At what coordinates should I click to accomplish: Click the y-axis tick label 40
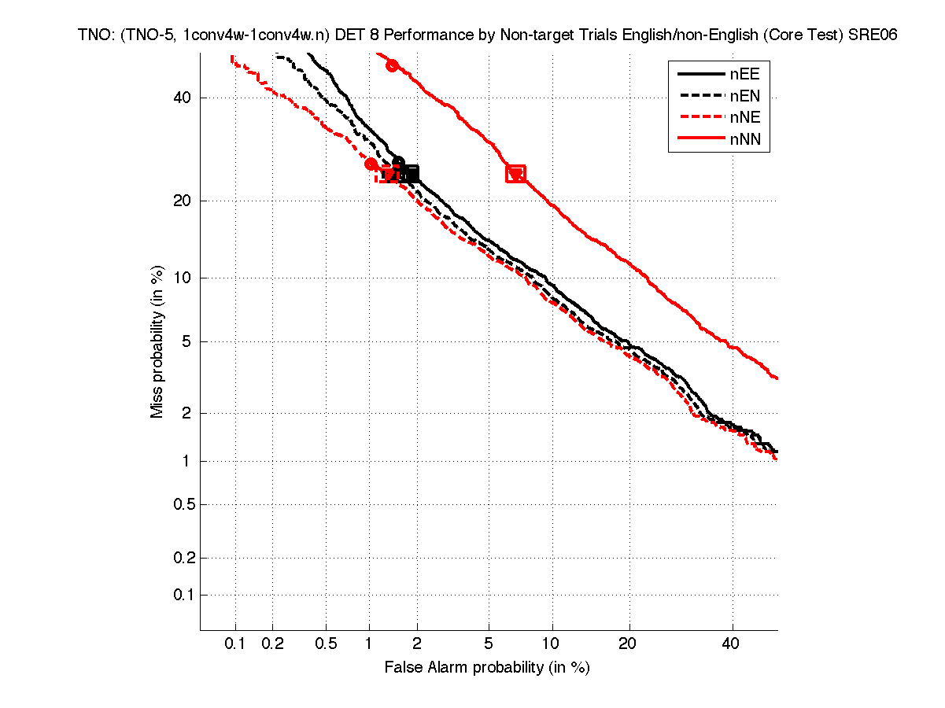[182, 98]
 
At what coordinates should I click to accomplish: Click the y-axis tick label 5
[186, 341]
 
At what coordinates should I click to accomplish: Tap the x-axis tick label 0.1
[235, 643]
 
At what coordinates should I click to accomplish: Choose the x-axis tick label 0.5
[326, 643]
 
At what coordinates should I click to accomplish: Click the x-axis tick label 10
[553, 643]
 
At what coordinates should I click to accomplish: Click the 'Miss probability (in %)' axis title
[157, 341]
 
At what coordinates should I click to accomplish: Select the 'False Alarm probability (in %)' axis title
[487, 667]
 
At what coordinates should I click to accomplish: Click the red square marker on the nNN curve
[515, 174]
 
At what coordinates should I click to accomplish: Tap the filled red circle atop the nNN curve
[392, 65]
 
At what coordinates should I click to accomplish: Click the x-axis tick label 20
[627, 643]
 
